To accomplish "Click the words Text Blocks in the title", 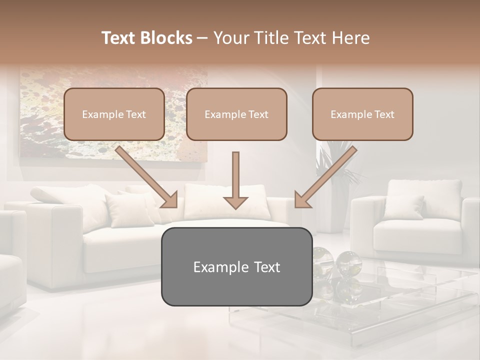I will pyautogui.click(x=147, y=38).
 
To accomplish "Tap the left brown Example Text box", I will pyautogui.click(x=114, y=114).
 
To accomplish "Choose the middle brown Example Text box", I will pyautogui.click(x=236, y=114).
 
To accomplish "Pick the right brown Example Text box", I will pyautogui.click(x=362, y=114).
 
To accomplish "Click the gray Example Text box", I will pyautogui.click(x=236, y=266).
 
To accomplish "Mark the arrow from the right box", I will pyautogui.click(x=325, y=177).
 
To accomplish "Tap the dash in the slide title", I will pyautogui.click(x=202, y=38).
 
